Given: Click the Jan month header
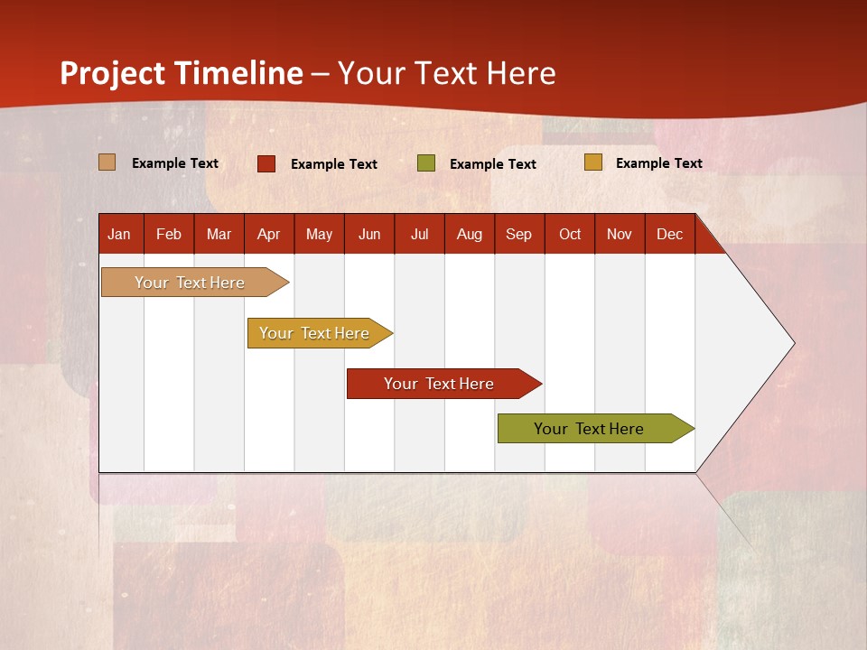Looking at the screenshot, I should click(x=120, y=234).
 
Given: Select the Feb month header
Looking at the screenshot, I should click(x=169, y=234).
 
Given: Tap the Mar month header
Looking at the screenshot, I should click(x=219, y=234).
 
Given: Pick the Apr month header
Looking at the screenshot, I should click(x=268, y=234).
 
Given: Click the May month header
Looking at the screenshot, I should click(x=319, y=234).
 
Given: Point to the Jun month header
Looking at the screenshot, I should click(x=369, y=234).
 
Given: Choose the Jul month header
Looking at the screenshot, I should click(x=419, y=234).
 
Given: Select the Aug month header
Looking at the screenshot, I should click(x=469, y=234).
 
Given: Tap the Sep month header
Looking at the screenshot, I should click(x=518, y=234).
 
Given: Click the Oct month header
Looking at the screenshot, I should click(x=570, y=234).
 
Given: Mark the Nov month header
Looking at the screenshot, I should click(x=620, y=234).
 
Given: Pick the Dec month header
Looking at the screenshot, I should click(x=669, y=234).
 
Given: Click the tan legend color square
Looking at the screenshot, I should click(x=107, y=162).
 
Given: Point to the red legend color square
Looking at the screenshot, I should click(x=266, y=163).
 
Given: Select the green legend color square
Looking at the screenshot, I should click(x=426, y=163).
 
